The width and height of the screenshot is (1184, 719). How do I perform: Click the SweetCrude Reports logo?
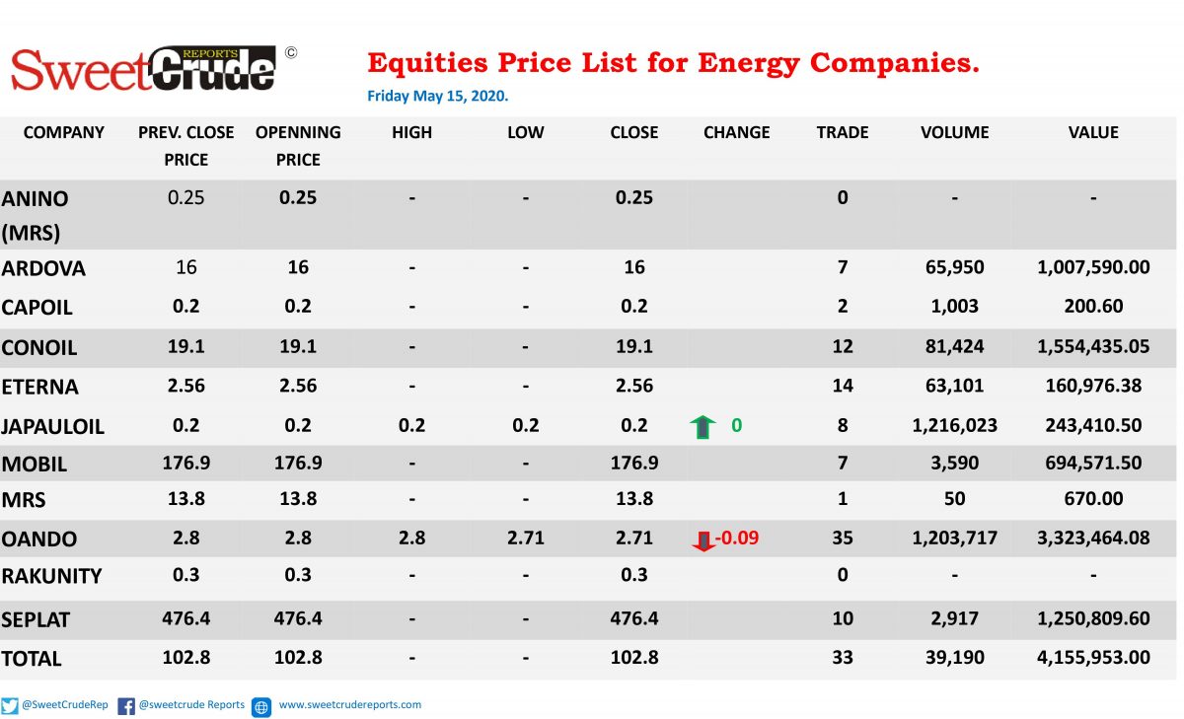pyautogui.click(x=143, y=69)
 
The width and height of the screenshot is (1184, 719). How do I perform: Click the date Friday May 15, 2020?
pyautogui.click(x=438, y=96)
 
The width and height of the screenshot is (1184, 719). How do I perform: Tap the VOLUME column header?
pyautogui.click(x=955, y=132)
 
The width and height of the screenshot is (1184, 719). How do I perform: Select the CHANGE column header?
pyautogui.click(x=736, y=132)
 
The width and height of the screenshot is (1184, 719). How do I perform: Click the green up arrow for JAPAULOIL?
pyautogui.click(x=703, y=427)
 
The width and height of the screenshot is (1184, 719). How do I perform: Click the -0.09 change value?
pyautogui.click(x=737, y=538)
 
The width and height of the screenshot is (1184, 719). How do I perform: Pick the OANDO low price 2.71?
pyautogui.click(x=525, y=538)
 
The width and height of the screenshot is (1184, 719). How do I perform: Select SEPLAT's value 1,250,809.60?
pyautogui.click(x=1093, y=618)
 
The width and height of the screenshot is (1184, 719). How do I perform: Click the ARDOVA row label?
pyautogui.click(x=43, y=268)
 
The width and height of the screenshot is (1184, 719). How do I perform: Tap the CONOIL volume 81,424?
pyautogui.click(x=955, y=346)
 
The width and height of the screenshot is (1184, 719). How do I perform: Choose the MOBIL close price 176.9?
pyautogui.click(x=634, y=463)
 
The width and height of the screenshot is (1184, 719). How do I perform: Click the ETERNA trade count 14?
pyautogui.click(x=843, y=386)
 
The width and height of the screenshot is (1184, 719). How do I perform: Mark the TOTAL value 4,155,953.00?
pyautogui.click(x=1093, y=657)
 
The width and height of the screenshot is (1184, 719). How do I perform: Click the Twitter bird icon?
pyautogui.click(x=10, y=706)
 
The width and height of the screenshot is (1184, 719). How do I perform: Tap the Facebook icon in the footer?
pyautogui.click(x=126, y=706)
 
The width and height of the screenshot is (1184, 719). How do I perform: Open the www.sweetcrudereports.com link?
pyautogui.click(x=350, y=705)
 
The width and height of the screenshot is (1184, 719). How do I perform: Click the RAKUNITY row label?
pyautogui.click(x=51, y=576)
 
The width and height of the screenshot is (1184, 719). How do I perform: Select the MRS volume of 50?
pyautogui.click(x=955, y=499)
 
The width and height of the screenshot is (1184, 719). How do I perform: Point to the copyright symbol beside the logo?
pyautogui.click(x=291, y=53)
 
